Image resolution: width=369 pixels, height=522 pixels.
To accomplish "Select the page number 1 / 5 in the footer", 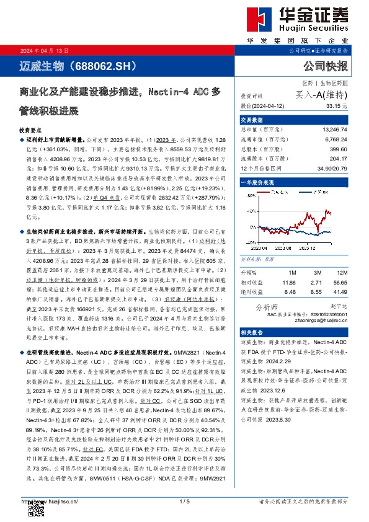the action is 184,501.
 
